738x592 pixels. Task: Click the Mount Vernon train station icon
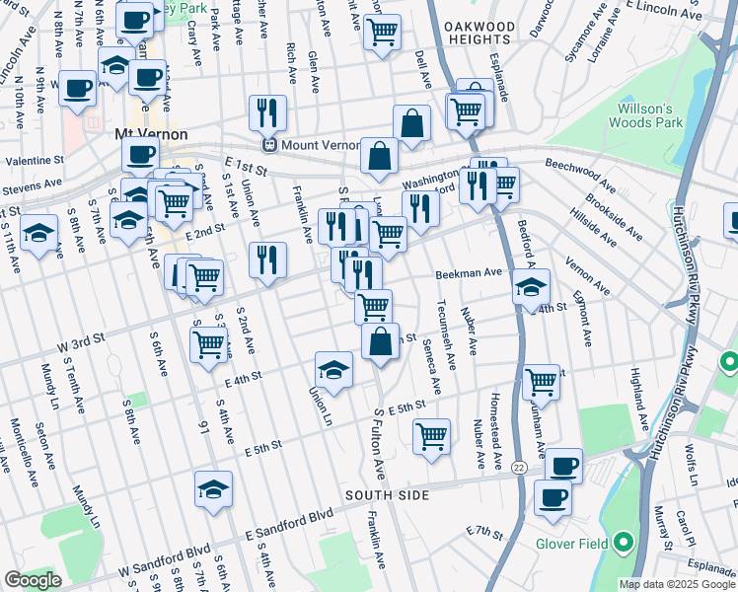[x=267, y=145]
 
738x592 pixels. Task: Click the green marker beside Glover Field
[x=623, y=542]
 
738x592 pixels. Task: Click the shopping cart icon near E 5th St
[x=431, y=434]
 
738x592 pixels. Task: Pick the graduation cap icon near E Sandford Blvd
[x=213, y=488]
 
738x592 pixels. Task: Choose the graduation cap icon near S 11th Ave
[x=38, y=233]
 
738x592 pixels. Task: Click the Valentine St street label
[x=34, y=159]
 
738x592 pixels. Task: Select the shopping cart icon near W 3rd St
[x=208, y=345]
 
